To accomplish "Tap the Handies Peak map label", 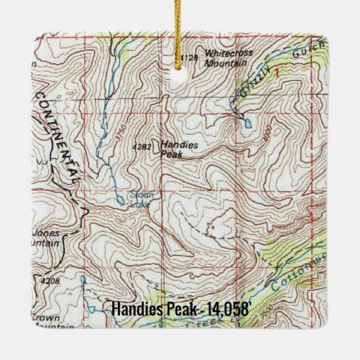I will click(x=178, y=149).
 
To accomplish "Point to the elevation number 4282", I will click(x=142, y=147).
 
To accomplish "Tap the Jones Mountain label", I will click(x=45, y=238).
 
